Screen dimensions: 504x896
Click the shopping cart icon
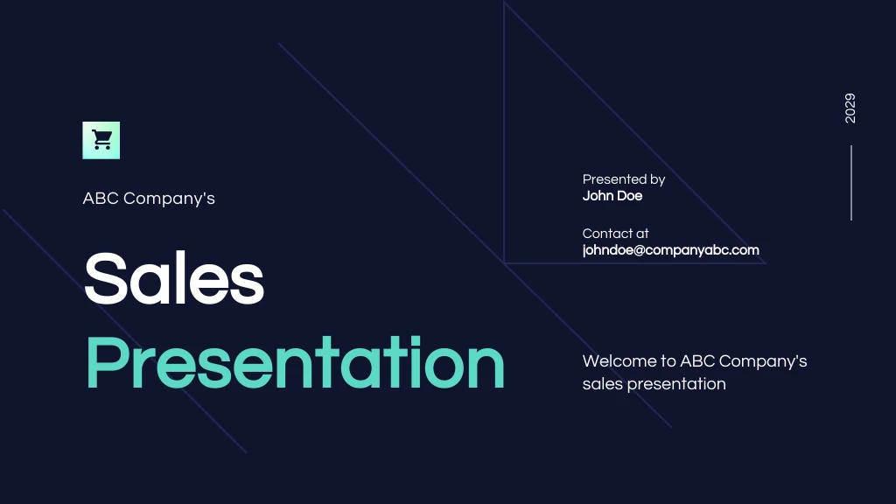[x=101, y=140]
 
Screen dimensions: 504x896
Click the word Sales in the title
[x=174, y=278]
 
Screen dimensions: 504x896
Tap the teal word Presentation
[x=295, y=363]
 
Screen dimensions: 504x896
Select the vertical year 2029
[x=850, y=108]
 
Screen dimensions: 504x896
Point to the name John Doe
[x=612, y=196]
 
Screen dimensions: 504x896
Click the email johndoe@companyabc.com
[x=670, y=250]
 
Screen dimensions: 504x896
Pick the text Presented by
[x=624, y=179]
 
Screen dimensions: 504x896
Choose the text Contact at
[x=615, y=234]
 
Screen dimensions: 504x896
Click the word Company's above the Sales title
[x=170, y=199]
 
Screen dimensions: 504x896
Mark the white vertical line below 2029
[x=850, y=183]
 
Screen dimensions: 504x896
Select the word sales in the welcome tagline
[x=602, y=384]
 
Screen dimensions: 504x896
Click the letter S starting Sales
[x=104, y=278]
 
